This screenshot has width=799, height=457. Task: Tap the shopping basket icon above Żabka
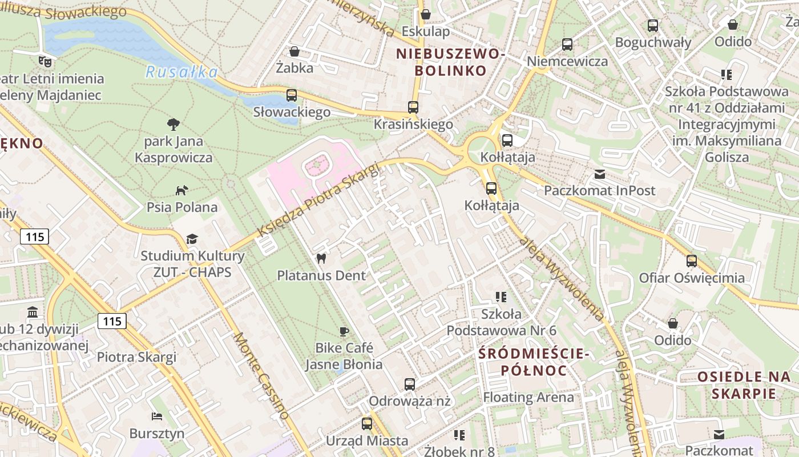click(294, 52)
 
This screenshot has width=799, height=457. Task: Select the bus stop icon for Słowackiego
click(292, 95)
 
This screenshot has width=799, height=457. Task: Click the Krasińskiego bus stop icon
click(413, 107)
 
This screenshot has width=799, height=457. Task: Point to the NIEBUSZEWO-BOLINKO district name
click(451, 62)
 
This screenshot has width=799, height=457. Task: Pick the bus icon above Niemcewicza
click(567, 45)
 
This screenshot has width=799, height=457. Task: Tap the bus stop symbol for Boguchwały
click(653, 26)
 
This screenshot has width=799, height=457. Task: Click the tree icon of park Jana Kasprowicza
click(173, 124)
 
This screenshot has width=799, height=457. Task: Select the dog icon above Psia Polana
click(181, 190)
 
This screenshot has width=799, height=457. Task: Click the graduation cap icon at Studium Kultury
click(192, 239)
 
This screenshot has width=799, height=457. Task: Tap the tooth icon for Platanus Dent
click(321, 258)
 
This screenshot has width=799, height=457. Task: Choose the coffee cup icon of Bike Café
click(344, 331)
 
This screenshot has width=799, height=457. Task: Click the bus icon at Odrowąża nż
click(410, 384)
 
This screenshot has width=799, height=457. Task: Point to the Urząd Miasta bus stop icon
click(367, 424)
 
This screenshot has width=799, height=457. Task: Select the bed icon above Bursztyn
click(157, 416)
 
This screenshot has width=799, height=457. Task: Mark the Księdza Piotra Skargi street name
click(318, 200)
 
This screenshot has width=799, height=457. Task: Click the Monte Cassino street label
click(261, 376)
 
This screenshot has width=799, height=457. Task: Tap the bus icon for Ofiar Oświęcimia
click(692, 261)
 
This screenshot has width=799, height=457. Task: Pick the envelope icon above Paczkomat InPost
click(600, 174)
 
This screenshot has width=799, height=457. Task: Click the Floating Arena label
click(528, 397)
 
